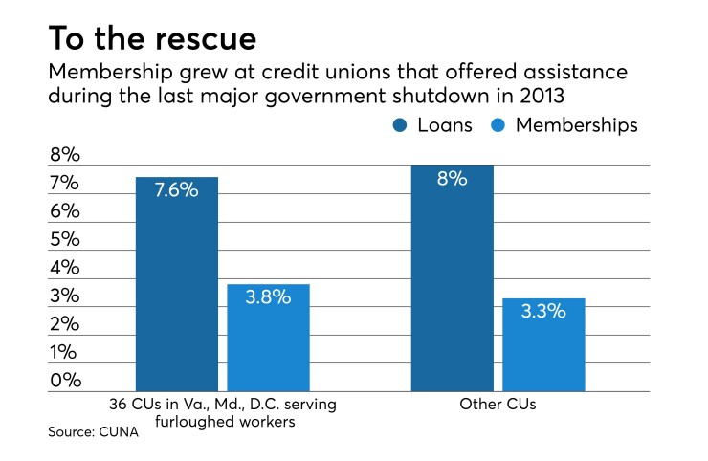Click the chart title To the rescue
tap(154, 38)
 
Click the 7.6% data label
tap(175, 190)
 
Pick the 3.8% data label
tap(267, 297)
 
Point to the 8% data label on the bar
tap(452, 178)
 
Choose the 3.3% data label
tap(543, 311)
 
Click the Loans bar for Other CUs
tap(452, 287)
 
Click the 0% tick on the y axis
tap(66, 380)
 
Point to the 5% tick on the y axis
tap(66, 239)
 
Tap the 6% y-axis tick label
tap(66, 210)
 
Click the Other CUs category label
tap(497, 405)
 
